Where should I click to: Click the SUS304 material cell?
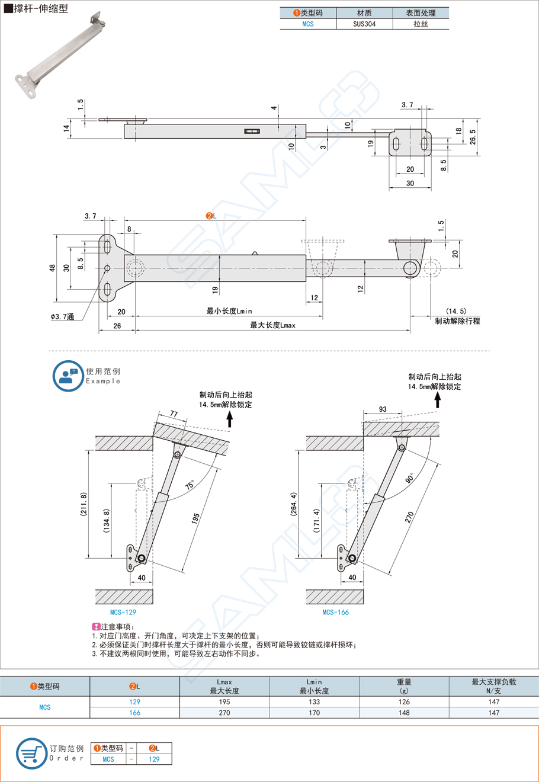click(x=364, y=24)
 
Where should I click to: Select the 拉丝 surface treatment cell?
click(x=421, y=24)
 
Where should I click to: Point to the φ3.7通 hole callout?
click(x=62, y=318)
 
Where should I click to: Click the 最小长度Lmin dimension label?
click(x=229, y=311)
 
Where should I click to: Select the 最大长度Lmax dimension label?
click(x=272, y=325)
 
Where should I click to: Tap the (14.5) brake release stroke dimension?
click(x=456, y=311)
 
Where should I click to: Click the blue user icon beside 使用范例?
click(x=68, y=376)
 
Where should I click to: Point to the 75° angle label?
click(x=190, y=485)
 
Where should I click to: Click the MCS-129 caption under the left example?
click(x=123, y=612)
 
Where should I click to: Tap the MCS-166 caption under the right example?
click(x=335, y=612)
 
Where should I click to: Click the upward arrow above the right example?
click(x=438, y=400)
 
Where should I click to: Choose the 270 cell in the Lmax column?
click(x=224, y=713)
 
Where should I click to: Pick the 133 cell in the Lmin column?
click(x=314, y=701)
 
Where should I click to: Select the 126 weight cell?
click(x=404, y=701)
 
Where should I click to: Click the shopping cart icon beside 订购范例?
click(x=31, y=754)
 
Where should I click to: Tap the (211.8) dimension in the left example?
click(x=84, y=504)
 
